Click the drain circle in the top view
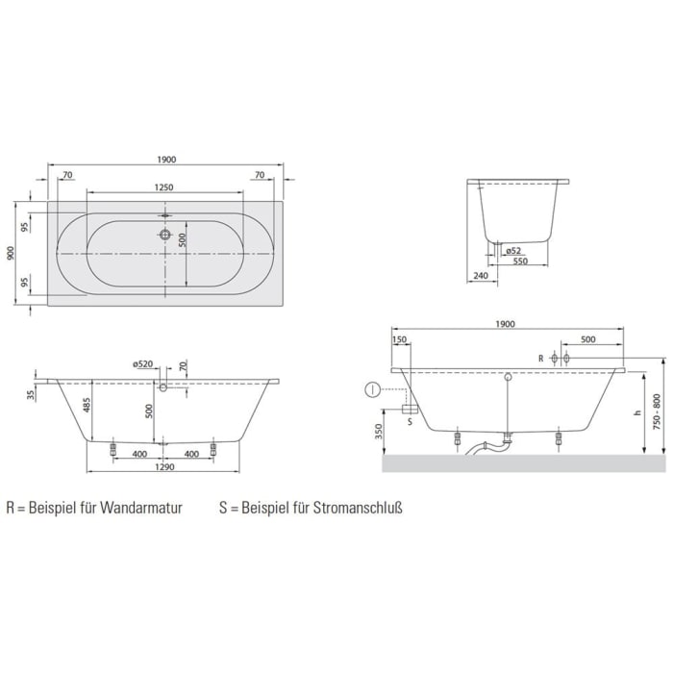coord(165,235)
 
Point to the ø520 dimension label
coord(144,363)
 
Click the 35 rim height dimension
coord(32,394)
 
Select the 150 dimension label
coord(401,339)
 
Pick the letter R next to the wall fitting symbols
coord(541,359)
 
